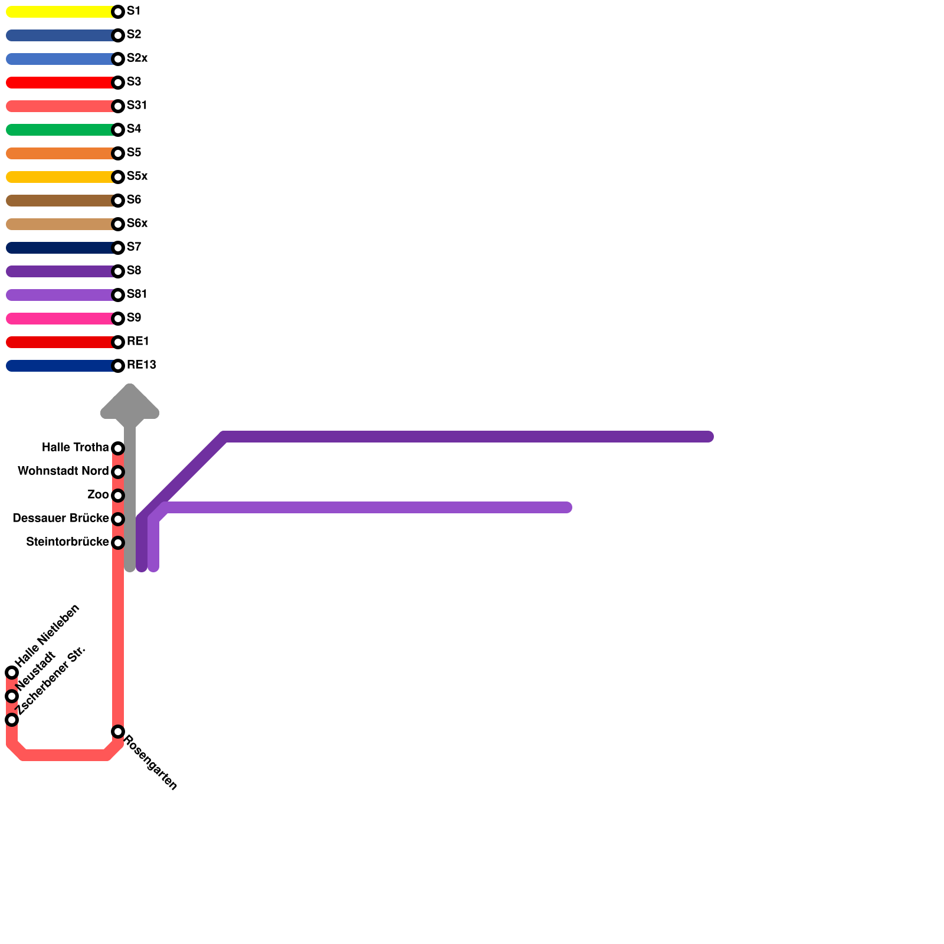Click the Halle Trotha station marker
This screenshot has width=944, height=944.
[118, 448]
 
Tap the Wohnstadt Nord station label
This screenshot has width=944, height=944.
[63, 471]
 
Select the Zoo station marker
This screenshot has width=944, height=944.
[118, 496]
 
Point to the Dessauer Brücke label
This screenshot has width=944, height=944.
[60, 519]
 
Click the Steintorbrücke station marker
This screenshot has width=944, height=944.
[118, 543]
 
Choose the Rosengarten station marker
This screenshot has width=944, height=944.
[118, 732]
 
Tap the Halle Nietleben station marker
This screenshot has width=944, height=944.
[12, 673]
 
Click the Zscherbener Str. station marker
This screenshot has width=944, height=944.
[12, 720]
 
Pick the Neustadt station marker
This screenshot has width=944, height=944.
[12, 696]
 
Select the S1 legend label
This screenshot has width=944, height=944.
[133, 11]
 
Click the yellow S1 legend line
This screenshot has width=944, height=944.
[59, 12]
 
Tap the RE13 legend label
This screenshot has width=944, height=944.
[141, 365]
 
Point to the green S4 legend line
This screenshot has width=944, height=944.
[59, 130]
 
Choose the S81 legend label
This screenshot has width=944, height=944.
[137, 294]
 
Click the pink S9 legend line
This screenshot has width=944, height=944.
[59, 319]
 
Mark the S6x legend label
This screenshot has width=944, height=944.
[137, 224]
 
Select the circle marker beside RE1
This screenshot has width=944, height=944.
[118, 342]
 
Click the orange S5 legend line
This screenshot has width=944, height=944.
[59, 153]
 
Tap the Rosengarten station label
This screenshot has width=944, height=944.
[150, 762]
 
